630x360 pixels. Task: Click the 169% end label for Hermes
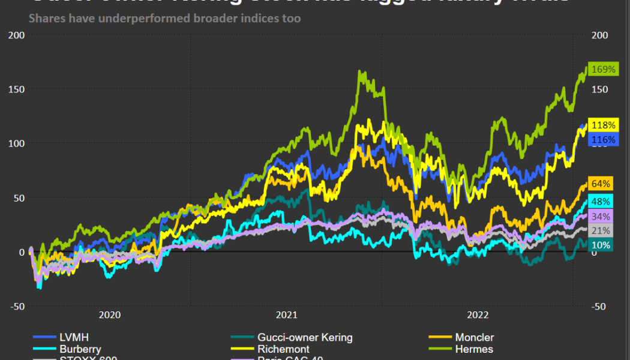coord(603,70)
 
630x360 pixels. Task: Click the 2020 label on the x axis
coord(110,314)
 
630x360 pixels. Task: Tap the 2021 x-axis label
coord(287,314)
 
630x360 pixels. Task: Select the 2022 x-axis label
coord(478,314)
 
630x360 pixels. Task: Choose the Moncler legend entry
coord(474,337)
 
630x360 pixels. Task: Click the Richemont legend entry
coord(283,349)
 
